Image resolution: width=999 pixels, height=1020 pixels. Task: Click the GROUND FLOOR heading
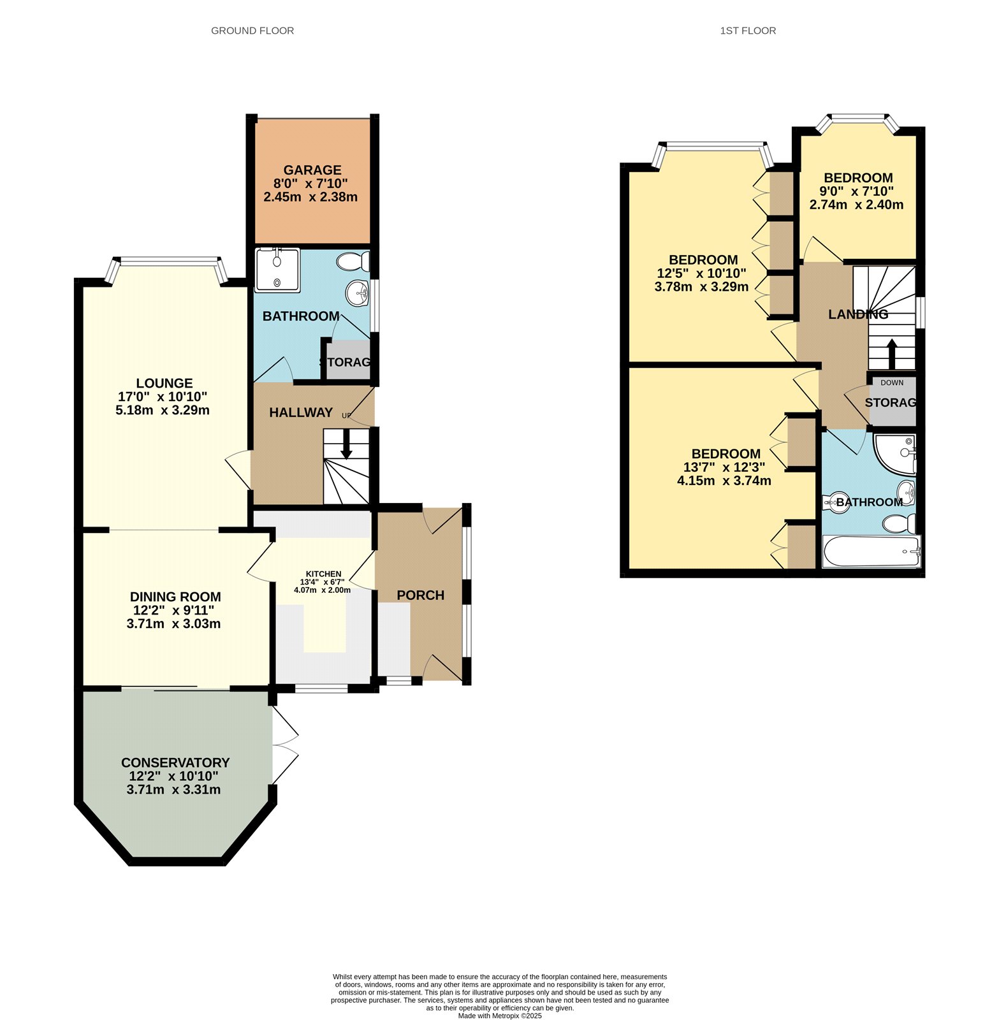[x=252, y=31]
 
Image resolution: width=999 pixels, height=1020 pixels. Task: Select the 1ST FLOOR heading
[x=748, y=31]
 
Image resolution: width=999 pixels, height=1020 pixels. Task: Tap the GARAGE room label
[x=312, y=170]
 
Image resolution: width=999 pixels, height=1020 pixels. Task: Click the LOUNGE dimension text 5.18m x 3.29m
[x=163, y=410]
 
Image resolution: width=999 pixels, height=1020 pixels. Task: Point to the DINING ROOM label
[x=175, y=597]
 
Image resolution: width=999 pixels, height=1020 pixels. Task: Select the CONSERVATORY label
[x=175, y=762]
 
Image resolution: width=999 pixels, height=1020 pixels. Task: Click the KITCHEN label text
[x=323, y=574]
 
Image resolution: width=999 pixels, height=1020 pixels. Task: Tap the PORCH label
[x=420, y=595]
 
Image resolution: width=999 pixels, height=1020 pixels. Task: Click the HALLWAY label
[x=301, y=412]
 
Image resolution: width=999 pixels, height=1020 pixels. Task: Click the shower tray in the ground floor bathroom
[x=277, y=270]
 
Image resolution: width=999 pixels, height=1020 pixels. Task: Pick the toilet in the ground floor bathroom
[x=353, y=261]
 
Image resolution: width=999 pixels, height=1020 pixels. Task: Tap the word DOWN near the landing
[x=891, y=382]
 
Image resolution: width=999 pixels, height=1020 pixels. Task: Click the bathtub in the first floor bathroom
[x=871, y=551]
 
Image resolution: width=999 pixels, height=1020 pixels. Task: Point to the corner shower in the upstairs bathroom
[x=895, y=454]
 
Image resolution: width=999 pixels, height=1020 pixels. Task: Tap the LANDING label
[x=857, y=314]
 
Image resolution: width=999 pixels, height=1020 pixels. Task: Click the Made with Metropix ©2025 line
[x=500, y=1016]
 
